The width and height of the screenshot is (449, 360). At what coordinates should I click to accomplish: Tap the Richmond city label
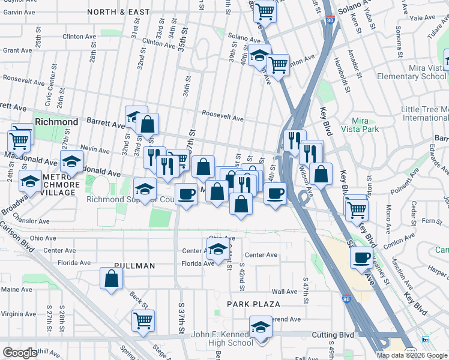click(56, 122)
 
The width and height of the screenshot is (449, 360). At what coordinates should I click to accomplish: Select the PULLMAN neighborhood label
click(133, 266)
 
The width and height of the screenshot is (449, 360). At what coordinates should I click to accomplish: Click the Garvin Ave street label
click(17, 12)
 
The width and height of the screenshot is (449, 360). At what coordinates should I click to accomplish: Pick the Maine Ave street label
click(16, 290)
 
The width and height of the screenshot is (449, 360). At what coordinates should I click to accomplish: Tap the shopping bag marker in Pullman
click(111, 278)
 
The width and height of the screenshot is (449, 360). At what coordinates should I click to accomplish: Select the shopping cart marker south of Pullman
click(143, 321)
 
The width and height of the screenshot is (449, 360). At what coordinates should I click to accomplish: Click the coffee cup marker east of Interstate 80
click(361, 257)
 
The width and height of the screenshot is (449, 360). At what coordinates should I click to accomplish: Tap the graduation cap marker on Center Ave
click(218, 248)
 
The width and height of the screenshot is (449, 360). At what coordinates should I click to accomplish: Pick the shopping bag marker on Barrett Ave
click(148, 124)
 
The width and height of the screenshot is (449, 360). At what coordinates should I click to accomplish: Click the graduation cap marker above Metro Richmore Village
click(71, 161)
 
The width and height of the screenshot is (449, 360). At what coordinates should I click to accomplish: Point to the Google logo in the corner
click(19, 353)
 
